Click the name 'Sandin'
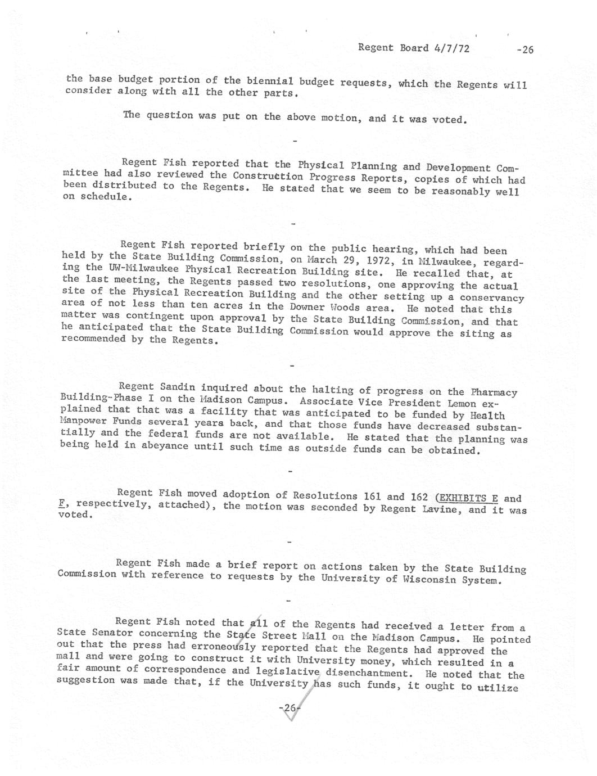pyautogui.click(x=178, y=387)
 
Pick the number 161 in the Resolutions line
pyautogui.click(x=373, y=496)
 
